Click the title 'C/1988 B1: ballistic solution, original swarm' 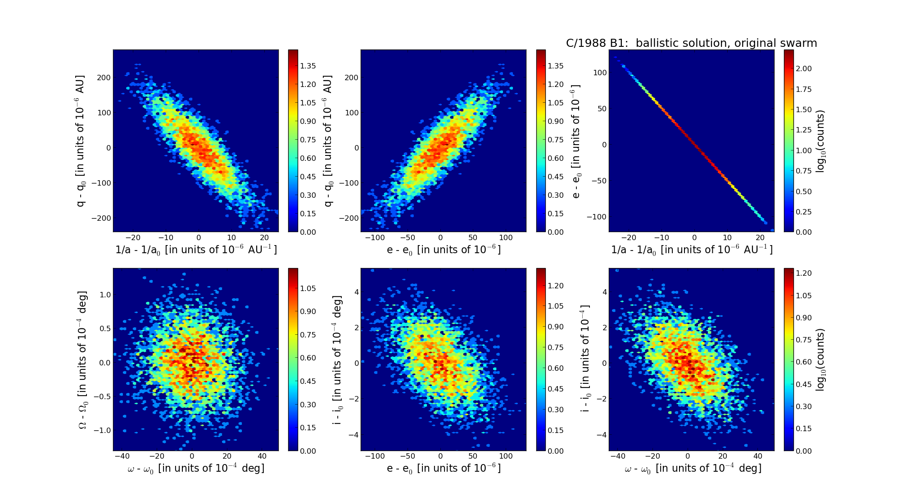coord(691,43)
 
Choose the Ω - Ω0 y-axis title coord(83,360)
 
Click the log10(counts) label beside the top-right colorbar coord(820,141)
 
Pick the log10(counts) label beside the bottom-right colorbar coord(820,360)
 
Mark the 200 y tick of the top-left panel coord(104,77)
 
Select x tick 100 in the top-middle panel coord(506,237)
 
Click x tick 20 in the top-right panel coord(760,237)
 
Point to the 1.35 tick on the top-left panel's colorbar coord(308,66)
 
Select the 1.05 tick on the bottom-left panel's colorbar coord(308,288)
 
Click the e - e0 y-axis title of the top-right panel coord(576,141)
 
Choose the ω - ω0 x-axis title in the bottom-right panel coord(693,469)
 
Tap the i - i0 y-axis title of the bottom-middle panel coord(337,360)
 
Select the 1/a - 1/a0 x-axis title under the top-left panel coord(196,250)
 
